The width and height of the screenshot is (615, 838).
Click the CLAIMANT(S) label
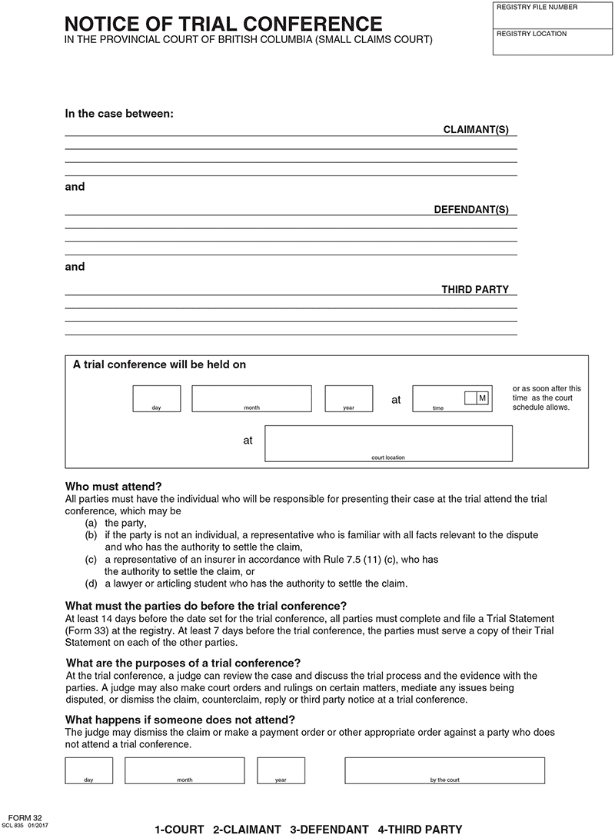point(476,130)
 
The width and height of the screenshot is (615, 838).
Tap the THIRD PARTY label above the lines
point(475,290)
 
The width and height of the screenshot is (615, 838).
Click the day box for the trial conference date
point(157,398)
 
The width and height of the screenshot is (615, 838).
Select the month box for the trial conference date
point(251,398)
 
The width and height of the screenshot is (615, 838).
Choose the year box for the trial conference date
point(348,398)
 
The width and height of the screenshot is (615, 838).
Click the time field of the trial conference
point(438,398)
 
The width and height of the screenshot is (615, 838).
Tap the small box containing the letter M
point(482,397)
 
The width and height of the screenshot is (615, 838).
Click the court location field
point(388,443)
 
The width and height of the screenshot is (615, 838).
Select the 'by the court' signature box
point(444,770)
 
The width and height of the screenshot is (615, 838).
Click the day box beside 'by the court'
point(89,770)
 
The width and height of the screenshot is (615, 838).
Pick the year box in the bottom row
point(281,770)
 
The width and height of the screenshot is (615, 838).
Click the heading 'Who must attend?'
point(113,487)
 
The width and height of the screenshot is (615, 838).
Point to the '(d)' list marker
point(91,584)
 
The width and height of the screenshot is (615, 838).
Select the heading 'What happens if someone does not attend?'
point(180,720)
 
